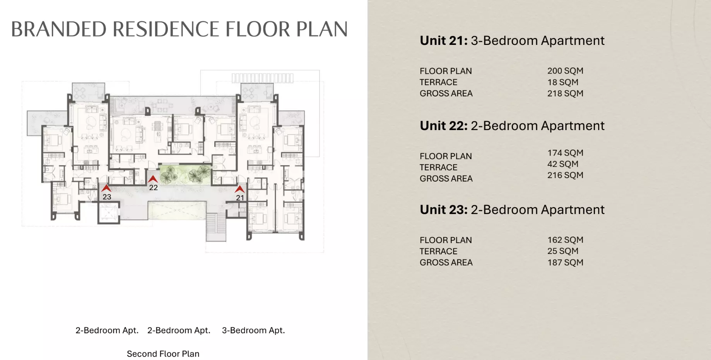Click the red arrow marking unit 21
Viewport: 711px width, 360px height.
(240, 189)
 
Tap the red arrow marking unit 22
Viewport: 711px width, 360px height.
(153, 179)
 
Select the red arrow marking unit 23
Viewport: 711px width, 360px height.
(106, 188)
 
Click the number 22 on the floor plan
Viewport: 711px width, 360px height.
(154, 187)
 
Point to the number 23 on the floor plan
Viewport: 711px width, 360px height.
(107, 197)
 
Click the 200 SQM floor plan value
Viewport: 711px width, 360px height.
(565, 71)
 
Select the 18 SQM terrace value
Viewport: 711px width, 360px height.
(563, 82)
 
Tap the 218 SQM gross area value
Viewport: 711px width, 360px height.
(565, 93)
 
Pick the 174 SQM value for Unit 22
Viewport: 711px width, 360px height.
(565, 153)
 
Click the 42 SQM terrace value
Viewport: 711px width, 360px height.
(563, 164)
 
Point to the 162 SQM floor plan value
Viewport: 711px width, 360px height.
(565, 240)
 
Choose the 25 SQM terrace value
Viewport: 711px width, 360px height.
(563, 251)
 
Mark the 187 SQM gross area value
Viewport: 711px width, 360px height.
(565, 262)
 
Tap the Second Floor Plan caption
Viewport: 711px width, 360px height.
(163, 354)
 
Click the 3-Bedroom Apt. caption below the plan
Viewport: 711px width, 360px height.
(253, 330)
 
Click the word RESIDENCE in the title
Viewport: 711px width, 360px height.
(166, 29)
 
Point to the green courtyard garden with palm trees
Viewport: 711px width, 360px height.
(185, 174)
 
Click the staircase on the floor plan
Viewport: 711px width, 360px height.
(216, 227)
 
